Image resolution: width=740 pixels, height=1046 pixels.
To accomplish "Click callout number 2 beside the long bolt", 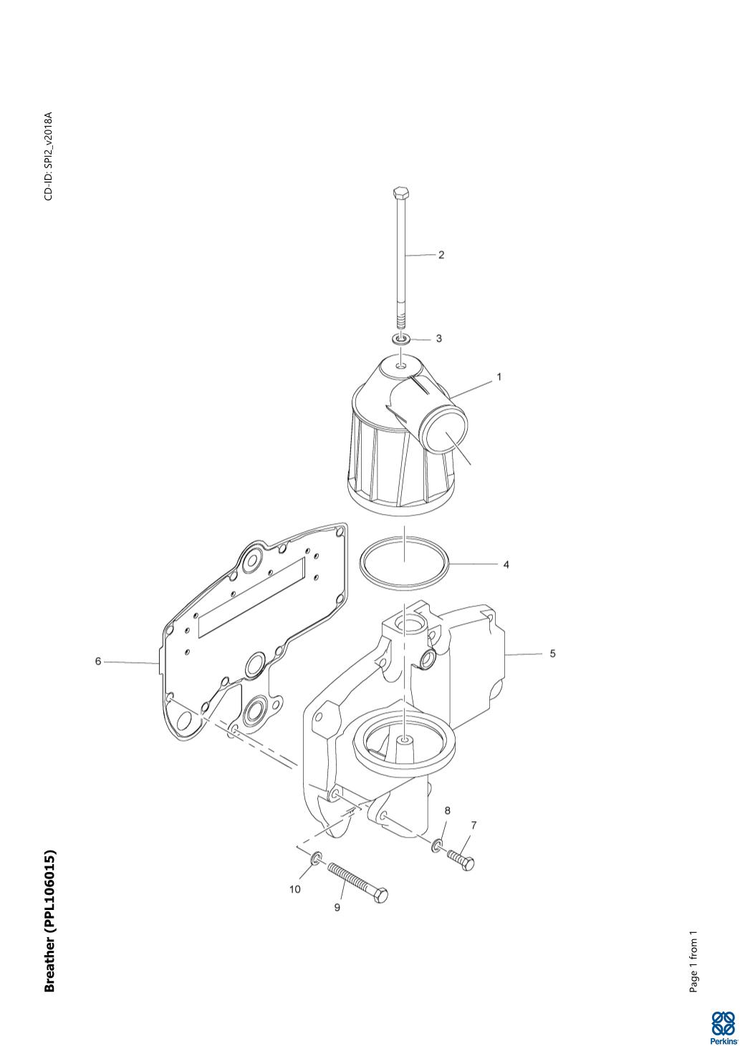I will pos(441,254).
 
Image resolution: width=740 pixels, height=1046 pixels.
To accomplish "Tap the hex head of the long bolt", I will pos(401,193).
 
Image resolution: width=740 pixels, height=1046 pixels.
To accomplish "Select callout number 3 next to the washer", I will pos(438,339).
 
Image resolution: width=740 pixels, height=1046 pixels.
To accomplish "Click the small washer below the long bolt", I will pos(401,339).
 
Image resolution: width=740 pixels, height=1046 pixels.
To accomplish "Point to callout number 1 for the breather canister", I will pos(499,377).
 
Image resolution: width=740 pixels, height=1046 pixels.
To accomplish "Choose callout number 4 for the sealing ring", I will pos(506,564).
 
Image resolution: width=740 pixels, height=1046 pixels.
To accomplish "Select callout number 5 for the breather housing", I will pos(552,654).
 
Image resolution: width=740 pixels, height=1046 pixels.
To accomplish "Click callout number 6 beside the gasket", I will pos(98,662).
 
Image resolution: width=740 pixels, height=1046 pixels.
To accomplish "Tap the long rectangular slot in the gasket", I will pos(251,597).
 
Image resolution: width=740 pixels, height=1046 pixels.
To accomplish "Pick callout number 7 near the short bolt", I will pos(474,825).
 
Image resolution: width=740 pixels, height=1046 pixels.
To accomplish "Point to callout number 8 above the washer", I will pos(448,810).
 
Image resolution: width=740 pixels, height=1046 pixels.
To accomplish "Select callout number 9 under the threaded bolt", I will pos(337,908).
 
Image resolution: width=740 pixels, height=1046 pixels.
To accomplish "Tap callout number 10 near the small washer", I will pos(295,889).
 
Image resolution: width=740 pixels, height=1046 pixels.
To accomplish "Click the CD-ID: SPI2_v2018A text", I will pos(49,155).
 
